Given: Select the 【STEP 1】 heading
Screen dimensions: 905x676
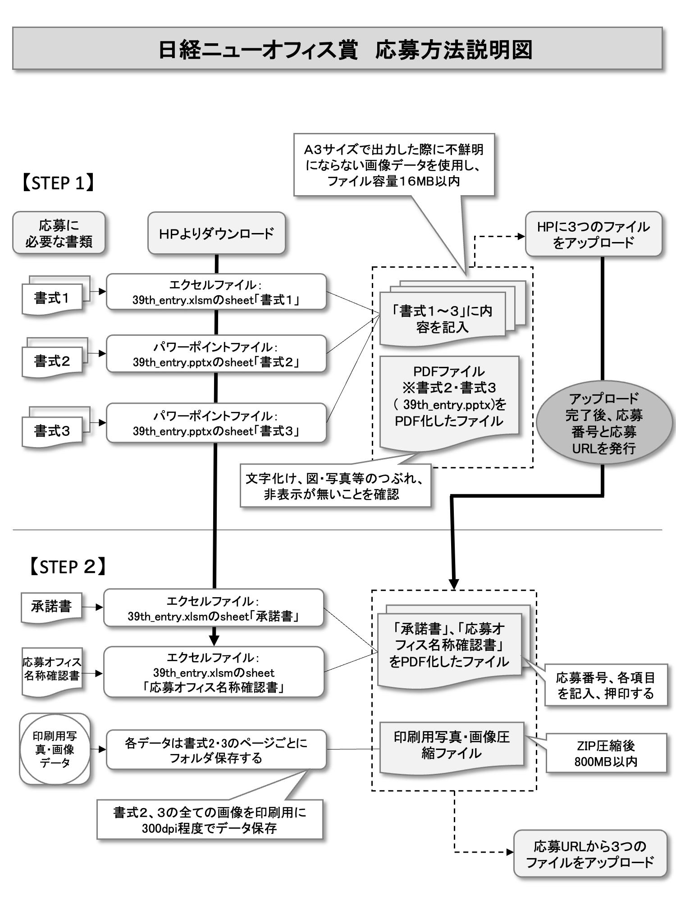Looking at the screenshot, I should click(x=58, y=183).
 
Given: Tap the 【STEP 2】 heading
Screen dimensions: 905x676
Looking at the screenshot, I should click(x=68, y=567).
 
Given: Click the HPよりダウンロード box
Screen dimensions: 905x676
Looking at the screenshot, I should click(x=216, y=233).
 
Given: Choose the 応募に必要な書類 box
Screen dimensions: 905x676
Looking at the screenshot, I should click(x=59, y=233).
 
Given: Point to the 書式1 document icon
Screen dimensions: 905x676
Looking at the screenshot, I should click(x=52, y=298).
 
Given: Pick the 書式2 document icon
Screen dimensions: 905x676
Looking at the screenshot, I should click(x=52, y=361).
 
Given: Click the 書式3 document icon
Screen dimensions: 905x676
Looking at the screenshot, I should click(x=52, y=431).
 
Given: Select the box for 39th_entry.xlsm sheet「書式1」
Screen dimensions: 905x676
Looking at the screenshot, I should click(x=216, y=292).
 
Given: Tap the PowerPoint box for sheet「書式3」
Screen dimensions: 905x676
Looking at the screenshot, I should click(x=216, y=423).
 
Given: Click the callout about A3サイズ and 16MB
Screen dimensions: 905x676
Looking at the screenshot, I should click(x=394, y=165).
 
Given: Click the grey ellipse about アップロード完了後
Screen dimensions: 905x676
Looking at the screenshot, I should click(x=604, y=423).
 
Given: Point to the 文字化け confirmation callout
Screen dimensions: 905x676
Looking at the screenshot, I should click(x=335, y=486).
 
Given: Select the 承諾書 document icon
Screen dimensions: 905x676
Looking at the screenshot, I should click(x=51, y=607).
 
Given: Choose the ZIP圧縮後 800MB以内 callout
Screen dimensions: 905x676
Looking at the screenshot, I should click(x=606, y=753).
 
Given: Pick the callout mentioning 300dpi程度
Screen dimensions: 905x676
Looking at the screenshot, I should click(x=210, y=820).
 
